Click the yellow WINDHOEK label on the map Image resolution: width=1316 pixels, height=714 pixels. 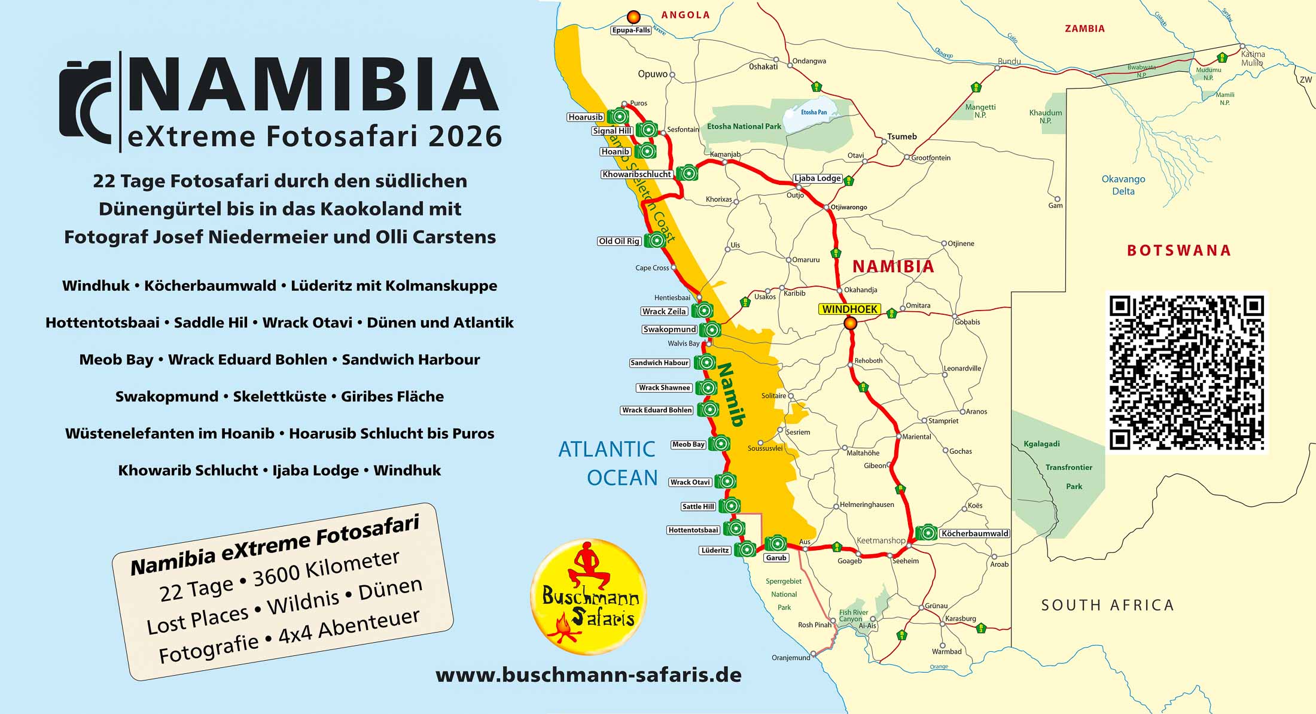click(x=849, y=309)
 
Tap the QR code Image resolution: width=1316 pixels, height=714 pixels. click(x=1187, y=373)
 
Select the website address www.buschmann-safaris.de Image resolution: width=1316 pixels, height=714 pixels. click(x=589, y=675)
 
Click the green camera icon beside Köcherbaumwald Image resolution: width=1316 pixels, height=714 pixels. click(x=927, y=532)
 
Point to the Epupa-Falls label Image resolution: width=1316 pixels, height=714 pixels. click(x=631, y=30)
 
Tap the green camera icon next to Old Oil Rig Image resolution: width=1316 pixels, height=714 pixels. click(x=656, y=240)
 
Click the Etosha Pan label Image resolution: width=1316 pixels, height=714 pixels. click(x=814, y=112)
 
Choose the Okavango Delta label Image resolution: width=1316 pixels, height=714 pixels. click(x=1123, y=185)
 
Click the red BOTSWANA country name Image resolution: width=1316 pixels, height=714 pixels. click(x=1178, y=250)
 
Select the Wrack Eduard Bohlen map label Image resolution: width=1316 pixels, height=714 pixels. click(x=657, y=410)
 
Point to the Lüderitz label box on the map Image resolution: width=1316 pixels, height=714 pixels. click(x=715, y=550)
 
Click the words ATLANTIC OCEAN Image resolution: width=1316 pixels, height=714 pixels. click(x=608, y=463)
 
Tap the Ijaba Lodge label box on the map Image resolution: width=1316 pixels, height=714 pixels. click(x=817, y=178)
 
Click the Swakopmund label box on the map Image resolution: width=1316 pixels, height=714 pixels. click(x=669, y=329)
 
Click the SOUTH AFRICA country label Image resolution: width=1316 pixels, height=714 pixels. click(x=1107, y=605)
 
